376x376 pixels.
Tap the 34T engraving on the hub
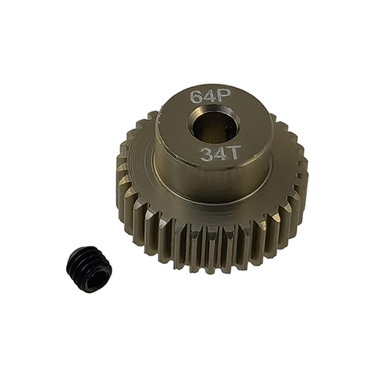point(217,155)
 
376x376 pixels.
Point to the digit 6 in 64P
point(196,97)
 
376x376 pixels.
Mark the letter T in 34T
point(231,153)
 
